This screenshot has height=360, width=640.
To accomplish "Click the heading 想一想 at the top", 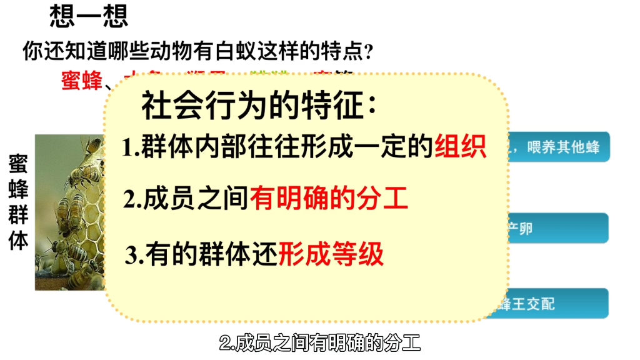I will pos(89,17).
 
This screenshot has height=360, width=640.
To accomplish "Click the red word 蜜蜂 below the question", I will pos(81,81).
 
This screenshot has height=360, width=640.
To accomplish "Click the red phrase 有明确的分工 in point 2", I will pos(329,199).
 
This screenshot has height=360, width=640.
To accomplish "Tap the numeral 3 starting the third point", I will pos(131,256).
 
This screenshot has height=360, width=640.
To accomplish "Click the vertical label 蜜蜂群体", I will pos(18,202).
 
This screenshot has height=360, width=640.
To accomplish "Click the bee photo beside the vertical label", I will pos(69,212).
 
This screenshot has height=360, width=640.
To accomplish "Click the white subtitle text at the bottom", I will pos(320,342).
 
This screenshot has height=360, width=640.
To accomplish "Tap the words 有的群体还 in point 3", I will pos(212,255).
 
